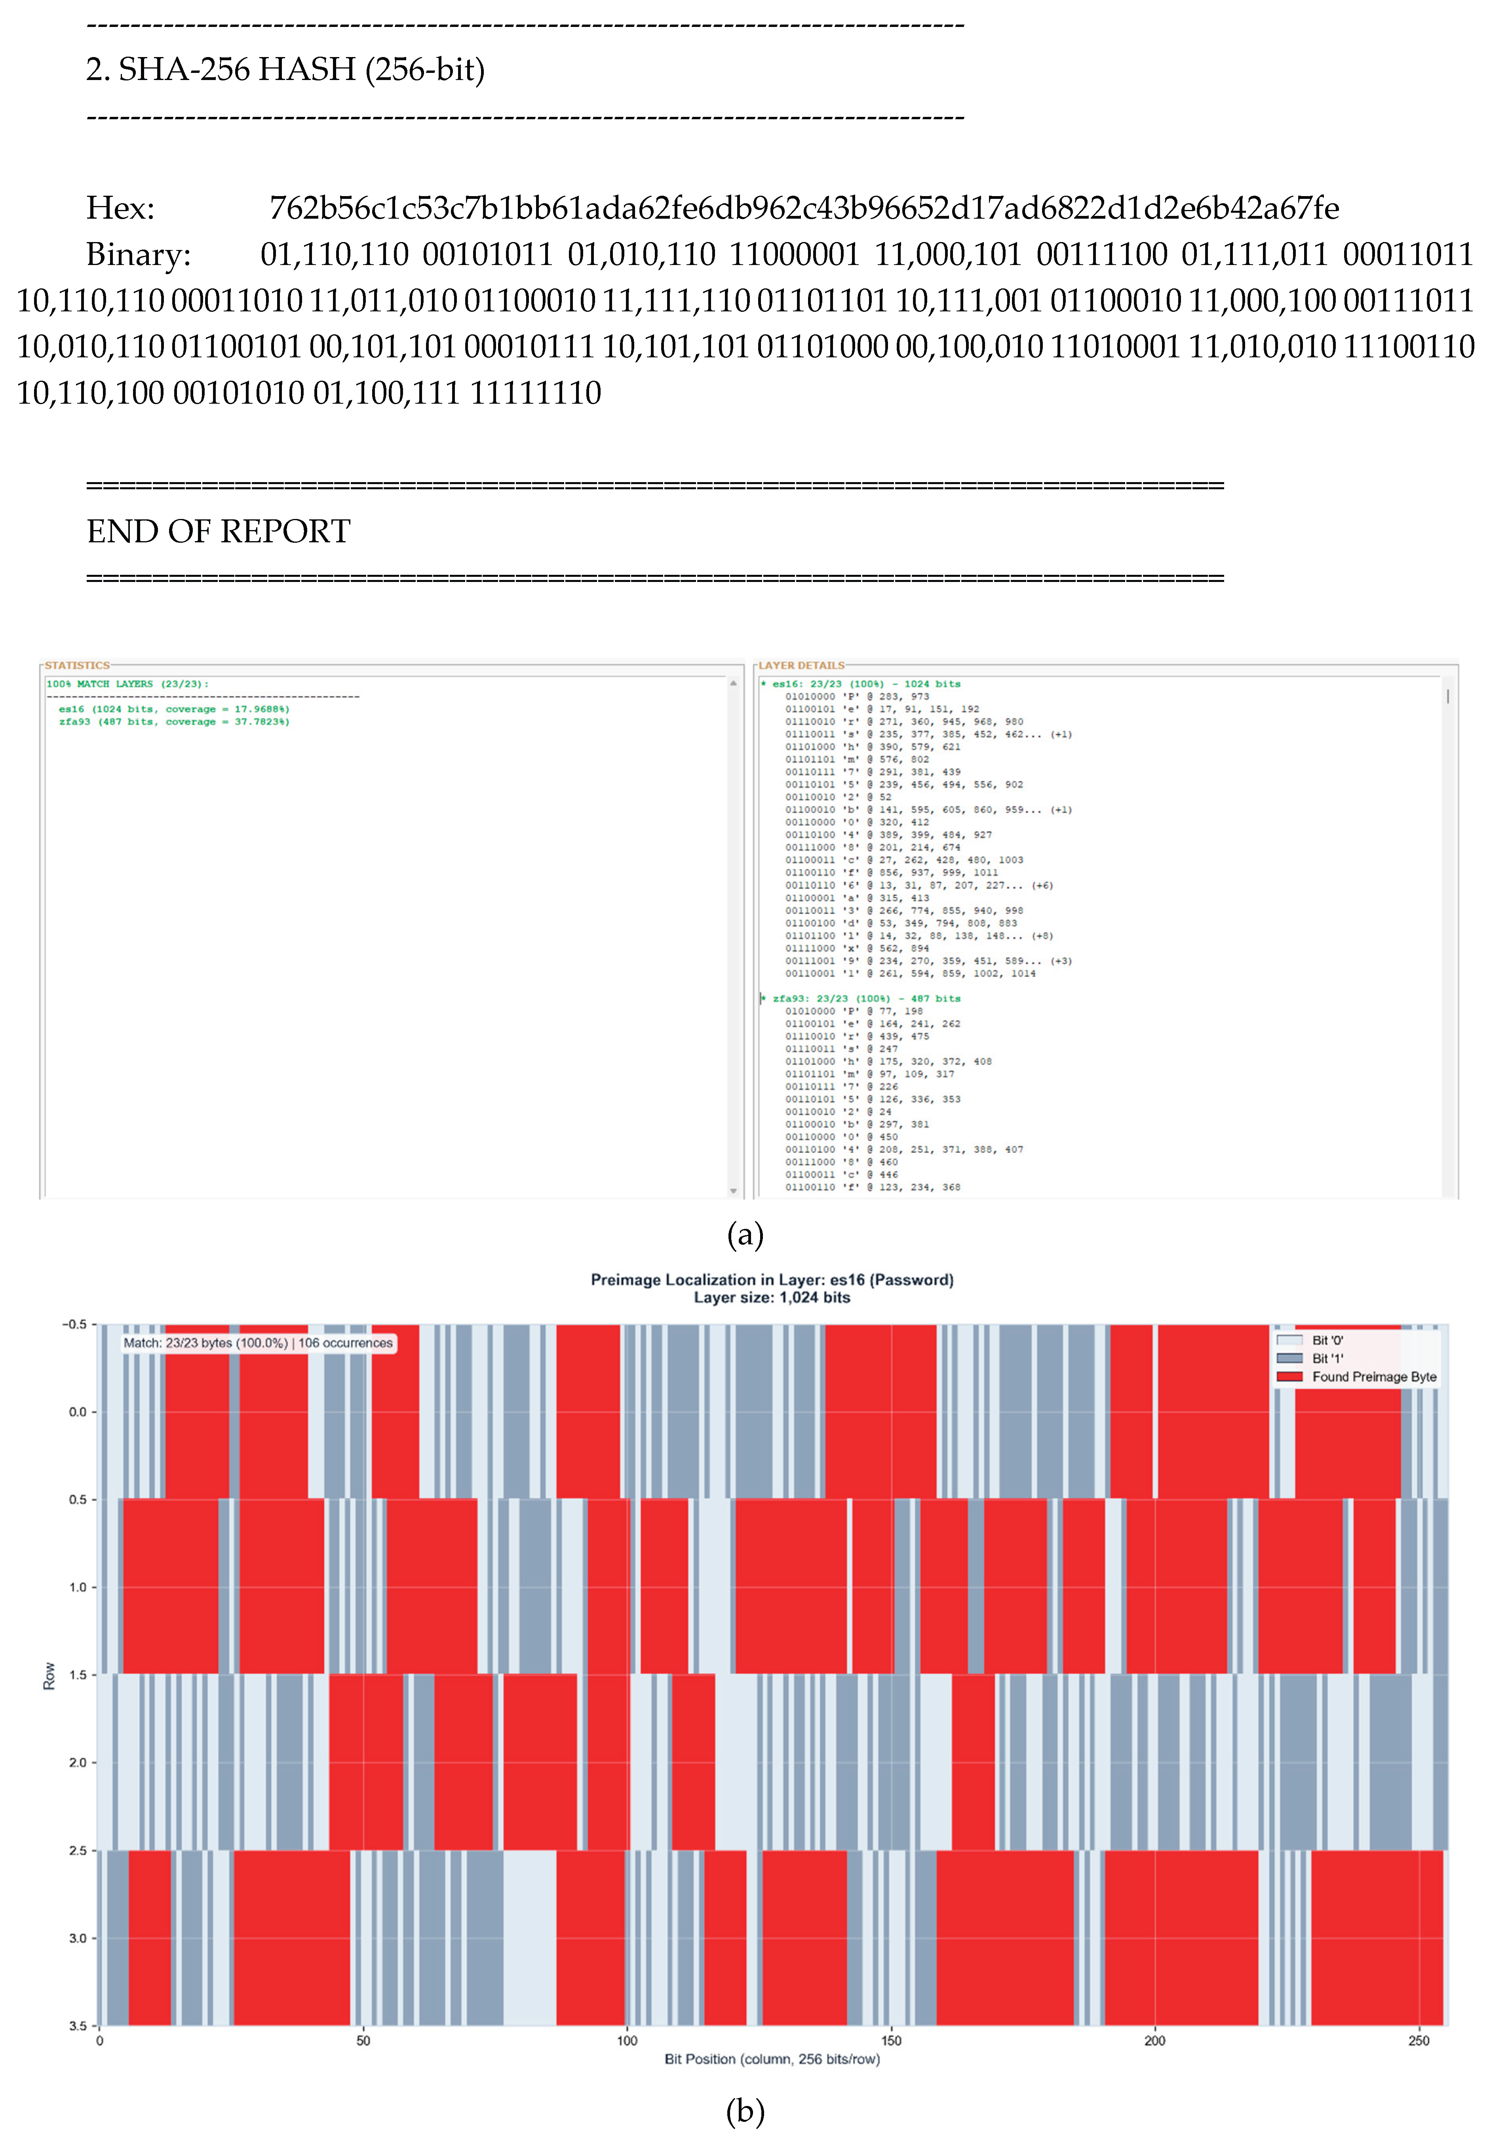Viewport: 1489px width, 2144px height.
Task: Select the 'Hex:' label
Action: coord(120,207)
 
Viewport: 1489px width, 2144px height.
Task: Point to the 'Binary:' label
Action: coord(138,254)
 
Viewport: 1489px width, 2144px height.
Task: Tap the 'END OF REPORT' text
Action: coord(218,531)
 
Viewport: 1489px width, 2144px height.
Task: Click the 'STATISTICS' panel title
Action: coord(76,666)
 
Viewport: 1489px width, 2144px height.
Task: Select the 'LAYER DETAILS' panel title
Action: coord(801,666)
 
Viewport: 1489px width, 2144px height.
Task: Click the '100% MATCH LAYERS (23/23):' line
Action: coord(128,684)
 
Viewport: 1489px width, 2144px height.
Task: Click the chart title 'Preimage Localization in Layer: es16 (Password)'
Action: coord(772,1280)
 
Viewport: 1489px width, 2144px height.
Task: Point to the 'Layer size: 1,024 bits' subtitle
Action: coord(772,1297)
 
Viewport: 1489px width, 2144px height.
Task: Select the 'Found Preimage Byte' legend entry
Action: coord(1373,1377)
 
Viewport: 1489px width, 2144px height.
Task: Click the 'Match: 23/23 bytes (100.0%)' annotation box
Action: coord(257,1343)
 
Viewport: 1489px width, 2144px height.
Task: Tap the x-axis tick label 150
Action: coord(891,2040)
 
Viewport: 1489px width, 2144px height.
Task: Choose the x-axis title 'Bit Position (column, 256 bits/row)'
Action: coord(772,2059)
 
